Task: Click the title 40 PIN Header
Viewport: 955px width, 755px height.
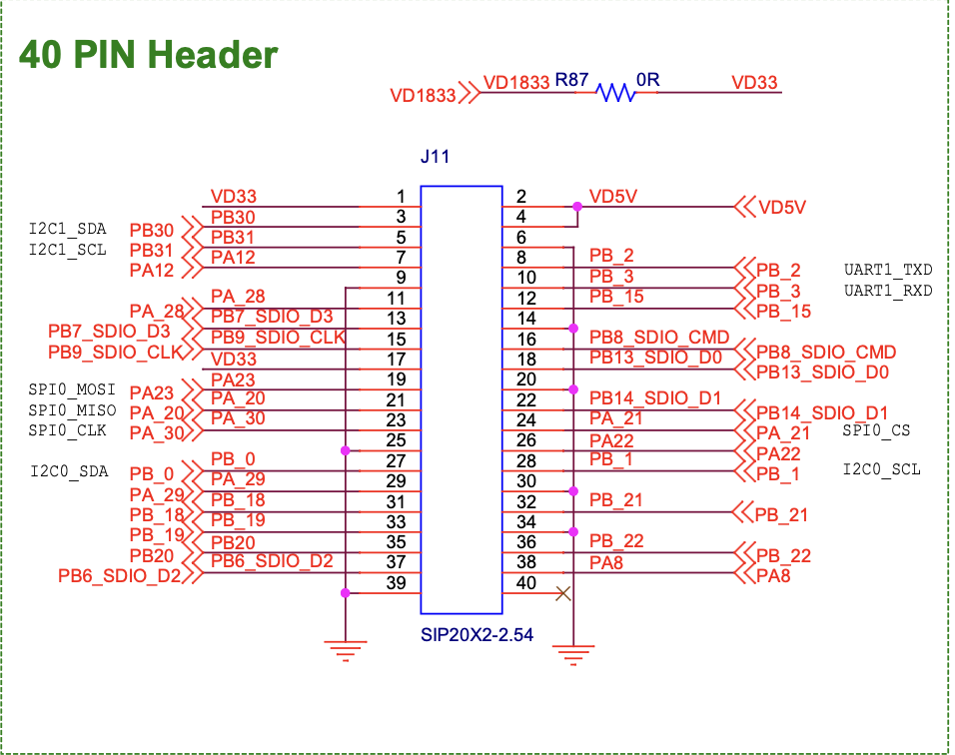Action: pyautogui.click(x=149, y=54)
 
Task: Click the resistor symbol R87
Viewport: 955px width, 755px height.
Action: pyautogui.click(x=615, y=93)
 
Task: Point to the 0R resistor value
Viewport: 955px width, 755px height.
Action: pyautogui.click(x=648, y=80)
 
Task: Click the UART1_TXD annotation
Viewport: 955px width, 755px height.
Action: pyautogui.click(x=888, y=271)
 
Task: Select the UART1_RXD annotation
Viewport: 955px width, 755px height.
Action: pyautogui.click(x=888, y=291)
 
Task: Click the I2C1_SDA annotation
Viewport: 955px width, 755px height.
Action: pyautogui.click(x=67, y=229)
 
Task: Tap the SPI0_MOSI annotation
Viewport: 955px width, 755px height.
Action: pyautogui.click(x=72, y=390)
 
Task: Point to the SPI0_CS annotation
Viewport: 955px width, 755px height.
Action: pyautogui.click(x=875, y=430)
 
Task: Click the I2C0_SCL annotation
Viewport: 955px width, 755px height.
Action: pyautogui.click(x=882, y=470)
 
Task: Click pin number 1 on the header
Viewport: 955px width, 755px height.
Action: pyautogui.click(x=401, y=197)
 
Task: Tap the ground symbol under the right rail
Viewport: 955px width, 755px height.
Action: pyautogui.click(x=572, y=655)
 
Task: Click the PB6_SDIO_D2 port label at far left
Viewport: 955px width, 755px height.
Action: pyautogui.click(x=119, y=575)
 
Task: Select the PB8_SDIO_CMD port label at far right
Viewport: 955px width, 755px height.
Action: pyautogui.click(x=826, y=353)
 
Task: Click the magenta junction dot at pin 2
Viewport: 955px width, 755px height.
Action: pyautogui.click(x=577, y=207)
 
